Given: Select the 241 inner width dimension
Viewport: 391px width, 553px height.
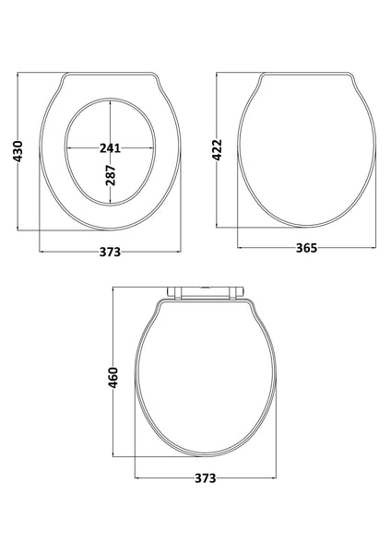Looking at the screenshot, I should point(110,147).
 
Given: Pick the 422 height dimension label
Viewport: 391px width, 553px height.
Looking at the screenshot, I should point(218,149).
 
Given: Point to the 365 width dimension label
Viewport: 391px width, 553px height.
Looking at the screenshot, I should point(307,248).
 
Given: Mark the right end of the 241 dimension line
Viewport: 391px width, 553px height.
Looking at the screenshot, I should point(154,147).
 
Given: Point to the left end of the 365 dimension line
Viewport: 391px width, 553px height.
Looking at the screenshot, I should point(239,248).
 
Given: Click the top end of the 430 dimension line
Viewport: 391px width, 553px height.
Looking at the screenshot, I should point(18,70).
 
